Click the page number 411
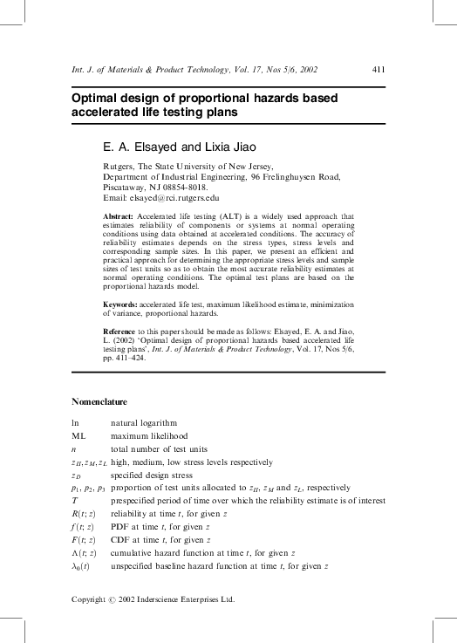pos(379,70)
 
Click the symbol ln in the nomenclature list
pos(75,422)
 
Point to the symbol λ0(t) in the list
pos(82,567)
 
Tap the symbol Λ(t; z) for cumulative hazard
pos(85,554)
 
